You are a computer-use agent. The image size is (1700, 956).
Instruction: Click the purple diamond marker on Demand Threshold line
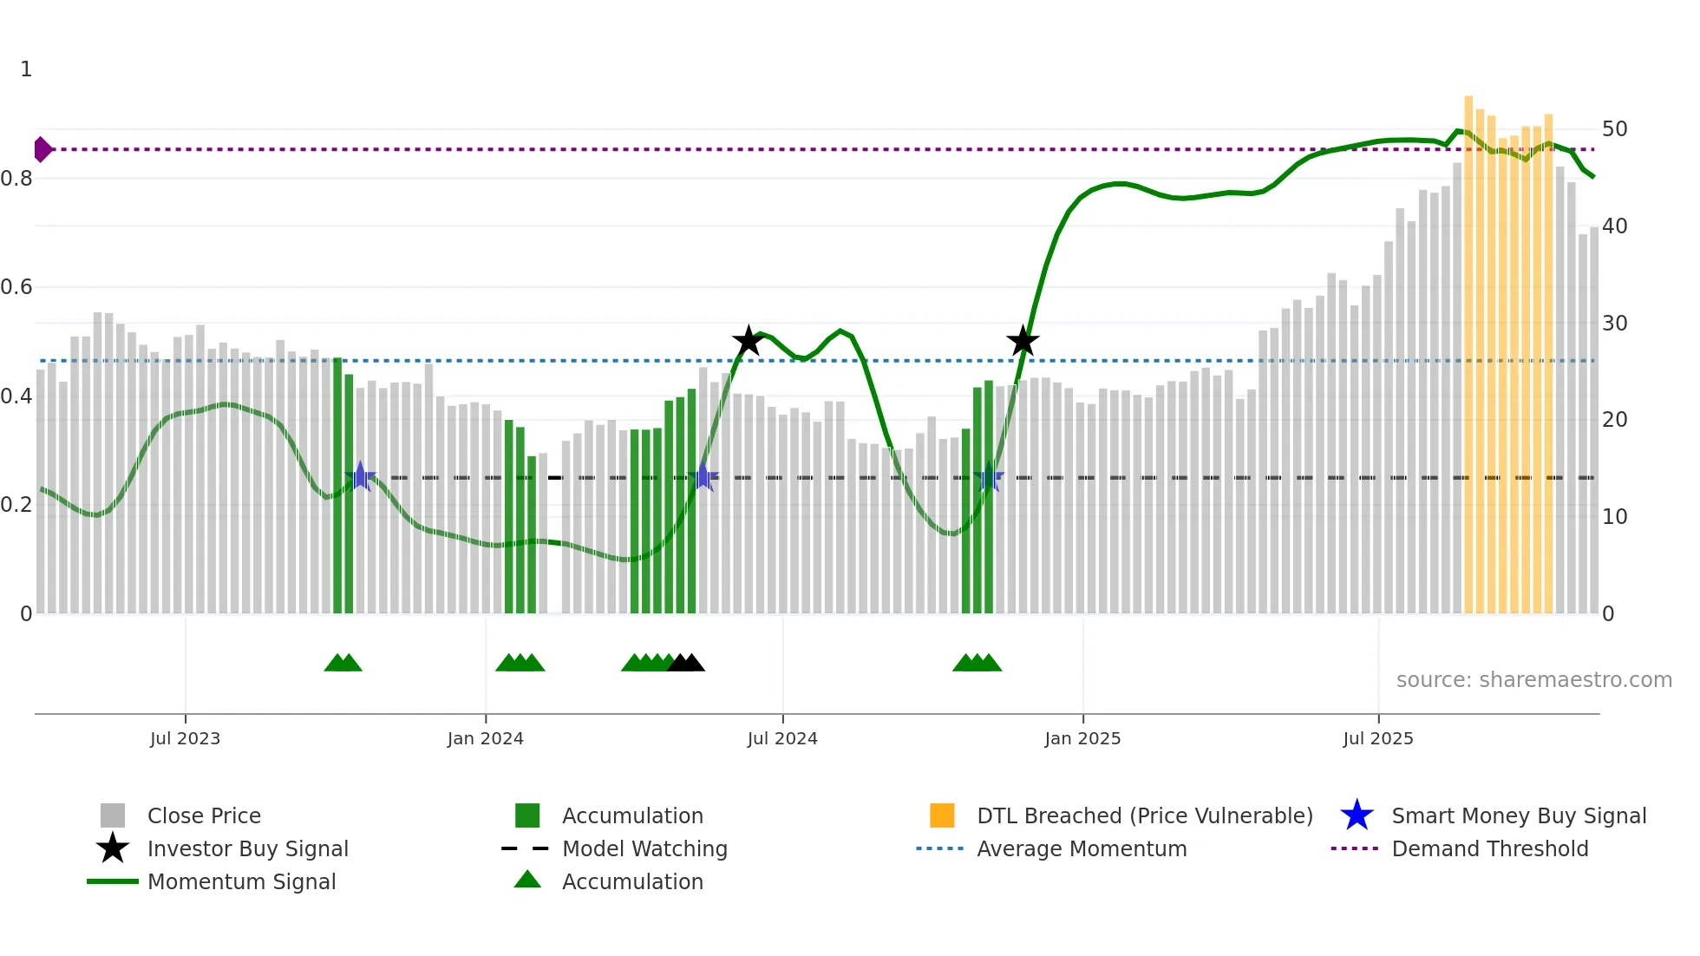tap(42, 149)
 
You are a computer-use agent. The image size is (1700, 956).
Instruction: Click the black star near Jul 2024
tap(748, 341)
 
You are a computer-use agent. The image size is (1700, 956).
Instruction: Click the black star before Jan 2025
tap(1023, 341)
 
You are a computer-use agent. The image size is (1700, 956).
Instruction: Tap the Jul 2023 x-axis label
tap(185, 738)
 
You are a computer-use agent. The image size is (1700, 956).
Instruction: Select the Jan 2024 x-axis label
tap(485, 738)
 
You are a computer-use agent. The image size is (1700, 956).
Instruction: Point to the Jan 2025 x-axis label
tap(1082, 738)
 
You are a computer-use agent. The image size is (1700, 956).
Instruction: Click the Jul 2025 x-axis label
tap(1378, 738)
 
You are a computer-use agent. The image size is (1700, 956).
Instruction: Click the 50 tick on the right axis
tap(1614, 129)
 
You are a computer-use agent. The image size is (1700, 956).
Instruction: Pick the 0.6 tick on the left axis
tap(16, 287)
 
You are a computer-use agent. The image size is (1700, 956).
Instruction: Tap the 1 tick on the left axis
tap(26, 69)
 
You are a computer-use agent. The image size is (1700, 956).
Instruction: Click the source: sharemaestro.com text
tap(1533, 680)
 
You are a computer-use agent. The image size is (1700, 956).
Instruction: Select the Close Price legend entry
tap(204, 815)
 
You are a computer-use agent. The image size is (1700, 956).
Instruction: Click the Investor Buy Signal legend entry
tap(247, 848)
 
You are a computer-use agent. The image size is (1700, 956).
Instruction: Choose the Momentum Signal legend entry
tap(241, 881)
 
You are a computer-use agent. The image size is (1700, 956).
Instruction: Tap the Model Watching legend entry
tap(644, 848)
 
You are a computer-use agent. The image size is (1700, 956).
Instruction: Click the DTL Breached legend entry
tap(1144, 815)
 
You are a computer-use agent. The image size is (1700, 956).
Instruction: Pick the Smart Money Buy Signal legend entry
tap(1518, 815)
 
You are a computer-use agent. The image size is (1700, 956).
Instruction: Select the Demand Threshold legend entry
tap(1489, 848)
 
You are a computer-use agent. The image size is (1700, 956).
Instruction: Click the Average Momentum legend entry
tap(1081, 848)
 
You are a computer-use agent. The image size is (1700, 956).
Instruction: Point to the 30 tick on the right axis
tap(1614, 324)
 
